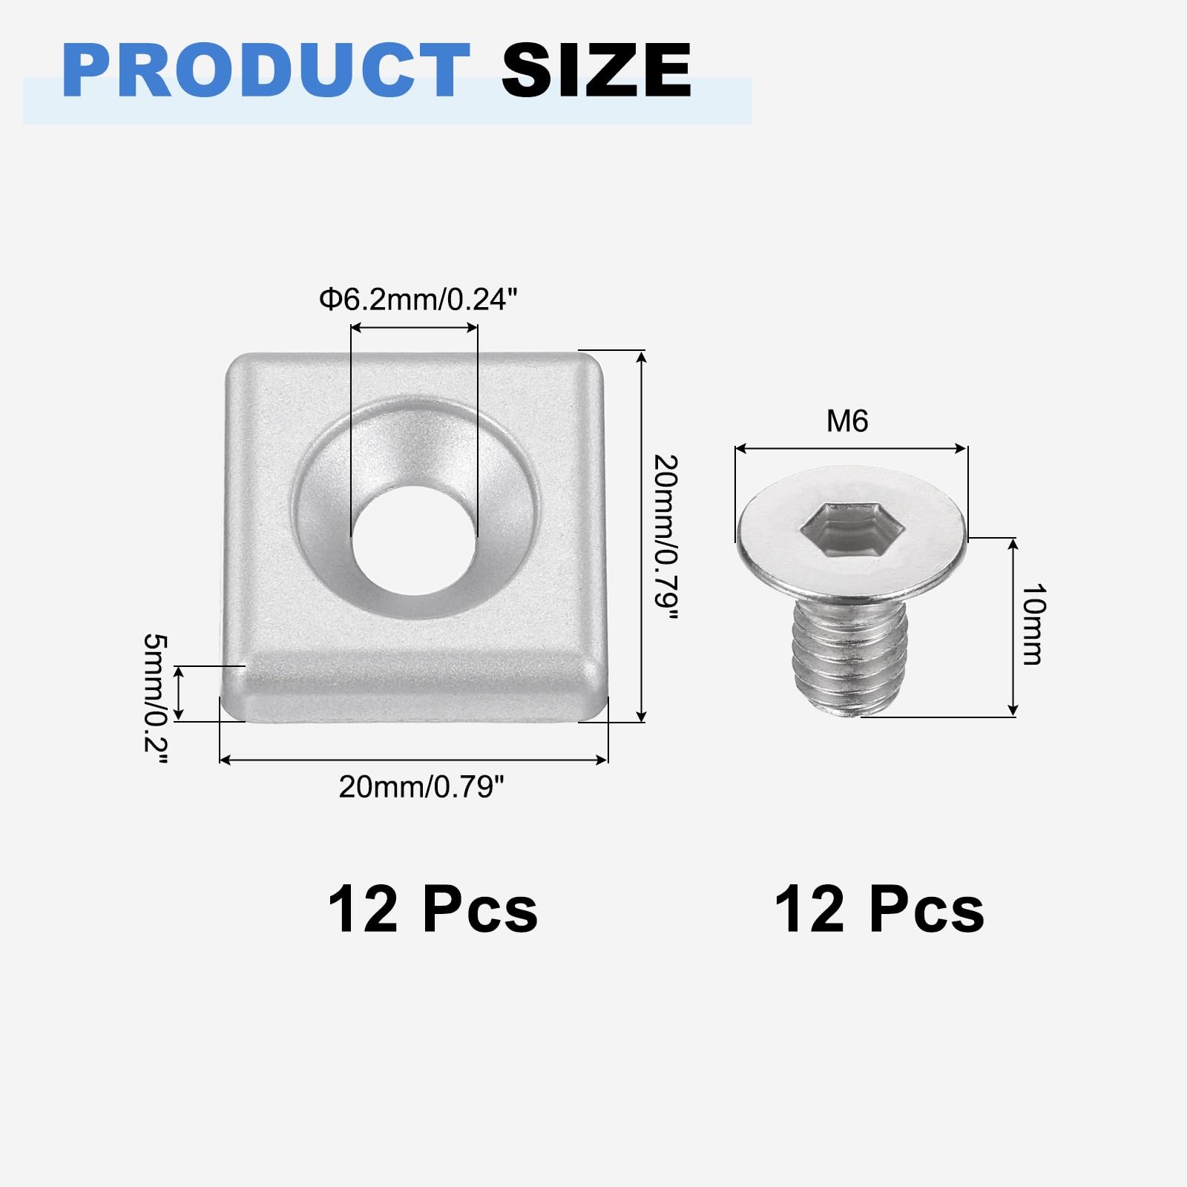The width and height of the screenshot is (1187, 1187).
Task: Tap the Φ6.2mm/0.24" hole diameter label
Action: [418, 299]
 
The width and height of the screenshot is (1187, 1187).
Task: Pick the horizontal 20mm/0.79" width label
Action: [421, 786]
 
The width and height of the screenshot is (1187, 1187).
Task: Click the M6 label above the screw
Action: [847, 421]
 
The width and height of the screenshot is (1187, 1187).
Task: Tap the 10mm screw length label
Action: [1032, 624]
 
